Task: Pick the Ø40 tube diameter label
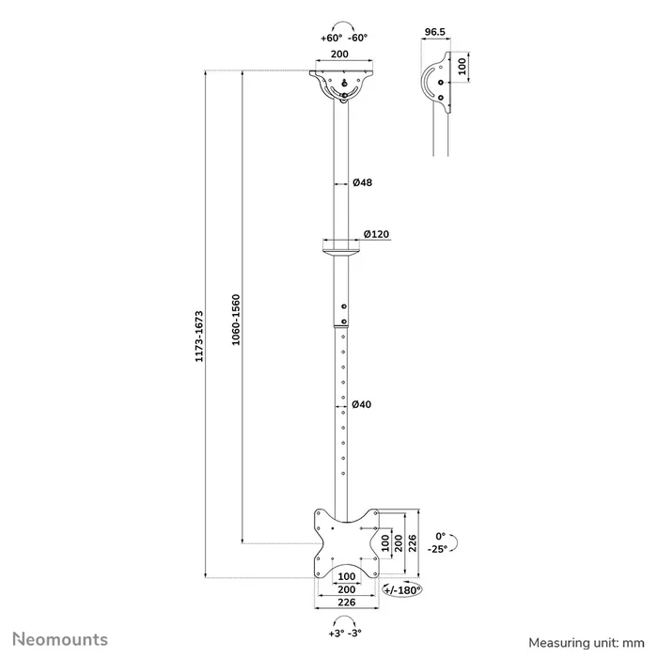[362, 404]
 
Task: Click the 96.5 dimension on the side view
[434, 31]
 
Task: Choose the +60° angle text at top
[331, 39]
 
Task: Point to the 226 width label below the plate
[346, 603]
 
